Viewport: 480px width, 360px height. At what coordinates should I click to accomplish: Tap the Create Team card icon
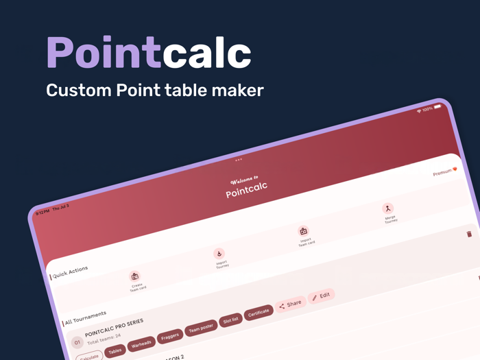135,276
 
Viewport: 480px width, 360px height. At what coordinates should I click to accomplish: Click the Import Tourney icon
219,254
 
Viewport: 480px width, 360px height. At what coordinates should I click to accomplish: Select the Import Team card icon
303,232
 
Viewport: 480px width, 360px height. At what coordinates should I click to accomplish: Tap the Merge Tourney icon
387,208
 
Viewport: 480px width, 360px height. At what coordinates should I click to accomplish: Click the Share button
290,304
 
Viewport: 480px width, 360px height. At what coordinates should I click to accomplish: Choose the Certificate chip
259,313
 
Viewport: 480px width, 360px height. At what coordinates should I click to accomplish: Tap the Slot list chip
231,320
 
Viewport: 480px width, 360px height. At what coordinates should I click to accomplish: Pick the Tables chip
115,351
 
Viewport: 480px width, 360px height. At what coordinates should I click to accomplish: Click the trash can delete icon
469,234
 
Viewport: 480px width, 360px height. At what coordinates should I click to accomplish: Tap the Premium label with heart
444,171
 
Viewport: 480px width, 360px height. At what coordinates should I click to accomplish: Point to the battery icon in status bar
437,107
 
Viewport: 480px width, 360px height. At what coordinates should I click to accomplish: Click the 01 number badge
77,342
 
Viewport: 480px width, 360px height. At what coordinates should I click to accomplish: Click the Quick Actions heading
71,272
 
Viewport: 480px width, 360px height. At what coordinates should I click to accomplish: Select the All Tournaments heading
86,317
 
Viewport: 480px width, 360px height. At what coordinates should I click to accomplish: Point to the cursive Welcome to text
244,180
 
